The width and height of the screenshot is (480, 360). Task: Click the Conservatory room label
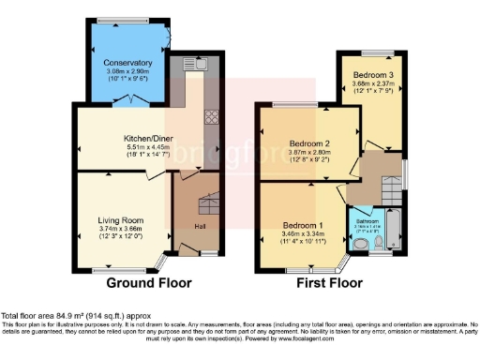(x=128, y=63)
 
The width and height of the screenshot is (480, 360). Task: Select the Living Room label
(x=121, y=220)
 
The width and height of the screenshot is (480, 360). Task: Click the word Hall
(x=200, y=226)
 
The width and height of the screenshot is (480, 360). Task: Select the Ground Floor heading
(x=149, y=282)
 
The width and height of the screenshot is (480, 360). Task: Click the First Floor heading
(x=329, y=282)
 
